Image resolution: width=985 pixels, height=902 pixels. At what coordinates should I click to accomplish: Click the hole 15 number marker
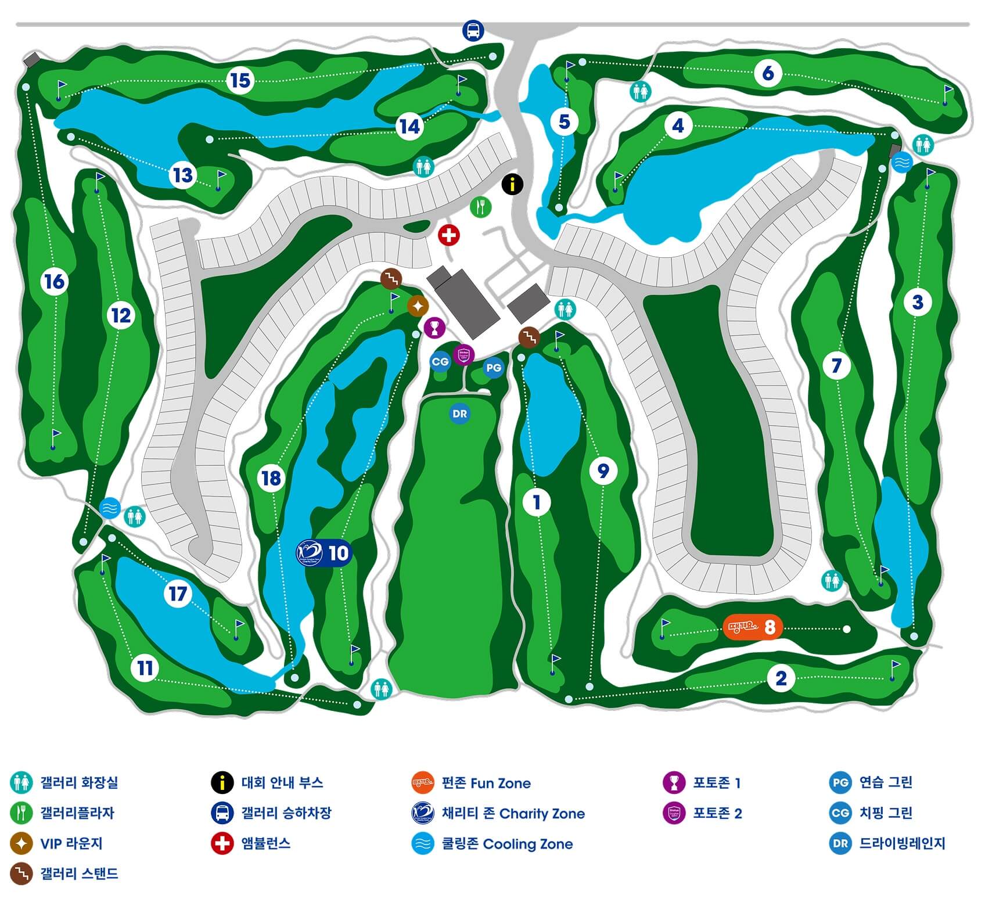click(x=240, y=80)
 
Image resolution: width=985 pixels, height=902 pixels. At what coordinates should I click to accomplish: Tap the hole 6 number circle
click(x=768, y=73)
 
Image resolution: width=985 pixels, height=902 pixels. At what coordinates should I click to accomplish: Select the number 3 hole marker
click(x=917, y=302)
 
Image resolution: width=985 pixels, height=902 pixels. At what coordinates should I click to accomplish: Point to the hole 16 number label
click(x=55, y=282)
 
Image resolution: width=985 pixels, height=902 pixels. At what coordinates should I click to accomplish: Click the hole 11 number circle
click(x=145, y=668)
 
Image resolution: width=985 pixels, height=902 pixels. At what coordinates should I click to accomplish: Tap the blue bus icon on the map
click(x=473, y=30)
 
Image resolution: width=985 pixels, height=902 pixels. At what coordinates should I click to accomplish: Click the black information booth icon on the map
click(x=512, y=185)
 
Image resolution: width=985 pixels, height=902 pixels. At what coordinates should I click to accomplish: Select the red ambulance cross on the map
click(x=448, y=235)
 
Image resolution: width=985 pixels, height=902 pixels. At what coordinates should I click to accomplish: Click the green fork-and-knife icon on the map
click(x=480, y=206)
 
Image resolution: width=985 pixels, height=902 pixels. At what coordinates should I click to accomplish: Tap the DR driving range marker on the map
click(x=459, y=414)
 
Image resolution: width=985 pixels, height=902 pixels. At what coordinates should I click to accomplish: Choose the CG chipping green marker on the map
click(x=440, y=362)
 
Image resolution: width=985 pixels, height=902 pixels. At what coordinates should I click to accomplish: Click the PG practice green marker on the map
click(x=493, y=368)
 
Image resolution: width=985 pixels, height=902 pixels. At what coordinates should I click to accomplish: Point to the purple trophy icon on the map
click(x=434, y=328)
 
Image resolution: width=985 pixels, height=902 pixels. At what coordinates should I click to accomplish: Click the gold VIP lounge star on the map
click(x=418, y=306)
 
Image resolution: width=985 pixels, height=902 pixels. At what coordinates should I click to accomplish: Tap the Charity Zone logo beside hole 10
click(x=309, y=552)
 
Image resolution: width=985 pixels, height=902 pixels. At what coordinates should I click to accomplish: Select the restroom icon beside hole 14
click(x=423, y=167)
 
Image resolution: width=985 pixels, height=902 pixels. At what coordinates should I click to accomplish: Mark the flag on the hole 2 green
click(x=895, y=667)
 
